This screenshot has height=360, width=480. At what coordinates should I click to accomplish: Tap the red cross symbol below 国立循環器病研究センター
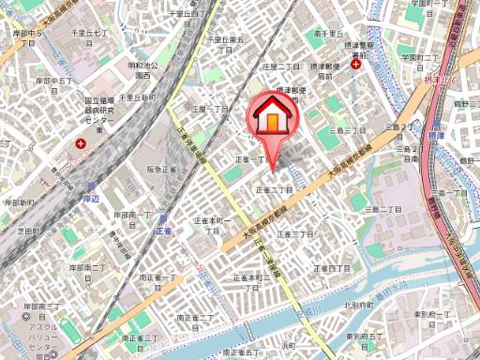82,144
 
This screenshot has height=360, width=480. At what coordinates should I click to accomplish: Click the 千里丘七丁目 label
89,35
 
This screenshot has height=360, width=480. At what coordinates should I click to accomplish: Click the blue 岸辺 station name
90,199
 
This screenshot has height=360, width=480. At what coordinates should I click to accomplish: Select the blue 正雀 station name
163,229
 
